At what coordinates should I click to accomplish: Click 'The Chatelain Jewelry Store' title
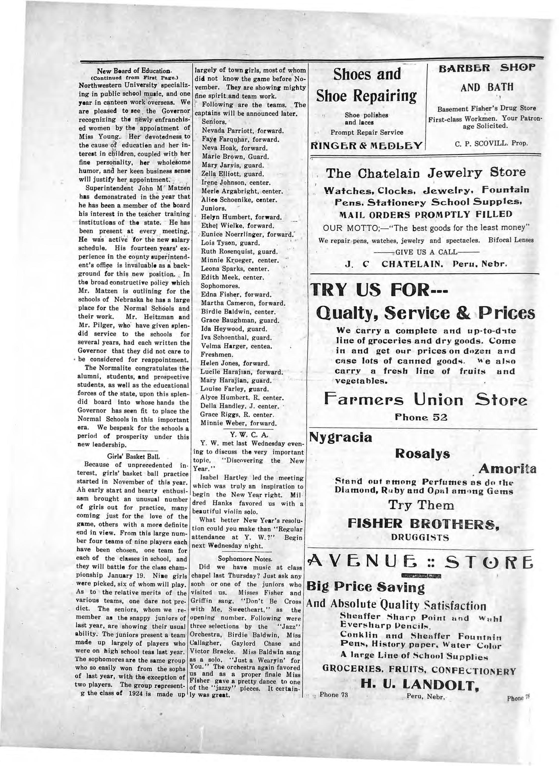pyautogui.click(x=426, y=173)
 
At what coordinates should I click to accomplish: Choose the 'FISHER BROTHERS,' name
pyautogui.click(x=423, y=524)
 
